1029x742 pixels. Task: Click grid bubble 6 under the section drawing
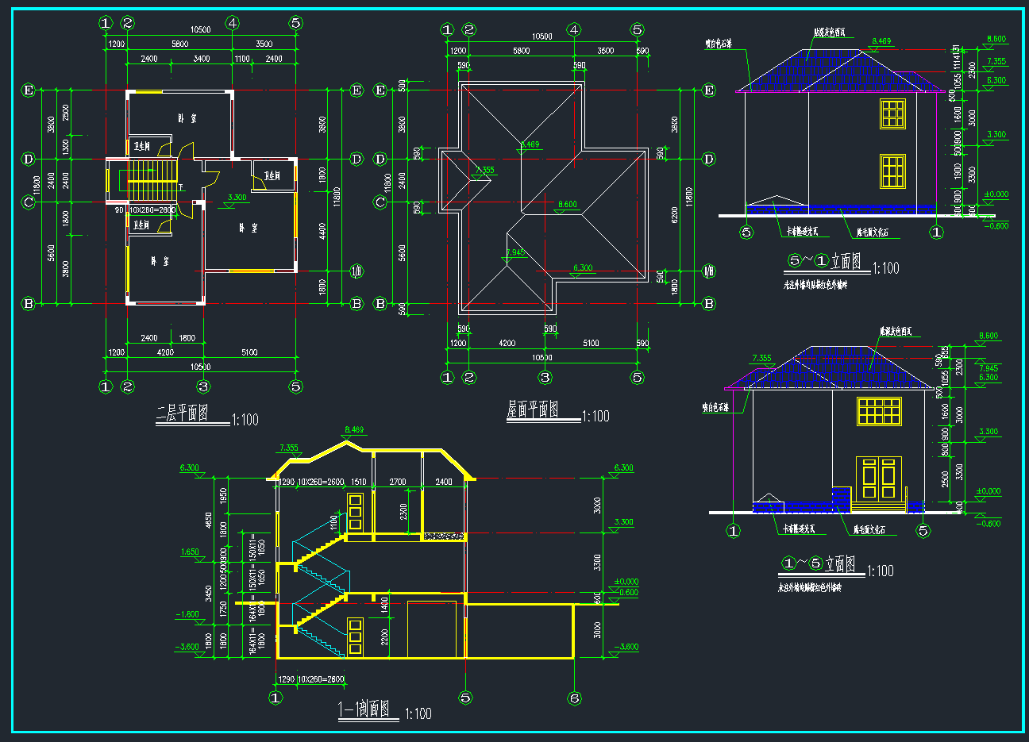[574, 698]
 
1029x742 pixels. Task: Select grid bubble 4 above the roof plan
[574, 30]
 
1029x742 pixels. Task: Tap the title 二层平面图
[183, 413]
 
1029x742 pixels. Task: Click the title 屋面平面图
[533, 410]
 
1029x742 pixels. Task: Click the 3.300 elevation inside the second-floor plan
[237, 198]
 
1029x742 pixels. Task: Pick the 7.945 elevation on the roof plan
[515, 253]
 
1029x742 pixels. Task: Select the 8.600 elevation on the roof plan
[567, 205]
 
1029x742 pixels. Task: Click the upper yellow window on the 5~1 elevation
[892, 113]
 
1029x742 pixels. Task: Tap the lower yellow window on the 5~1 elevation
[892, 171]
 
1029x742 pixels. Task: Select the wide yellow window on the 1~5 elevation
[879, 411]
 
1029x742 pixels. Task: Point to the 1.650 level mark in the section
[190, 552]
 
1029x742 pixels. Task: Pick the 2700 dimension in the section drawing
[397, 482]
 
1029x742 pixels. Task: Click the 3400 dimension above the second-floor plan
[202, 59]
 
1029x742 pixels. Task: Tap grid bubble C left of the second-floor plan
[29, 202]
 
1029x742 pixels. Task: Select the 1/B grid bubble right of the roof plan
[709, 272]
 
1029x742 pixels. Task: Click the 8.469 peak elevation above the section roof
[354, 430]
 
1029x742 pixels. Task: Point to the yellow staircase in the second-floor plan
[145, 180]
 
